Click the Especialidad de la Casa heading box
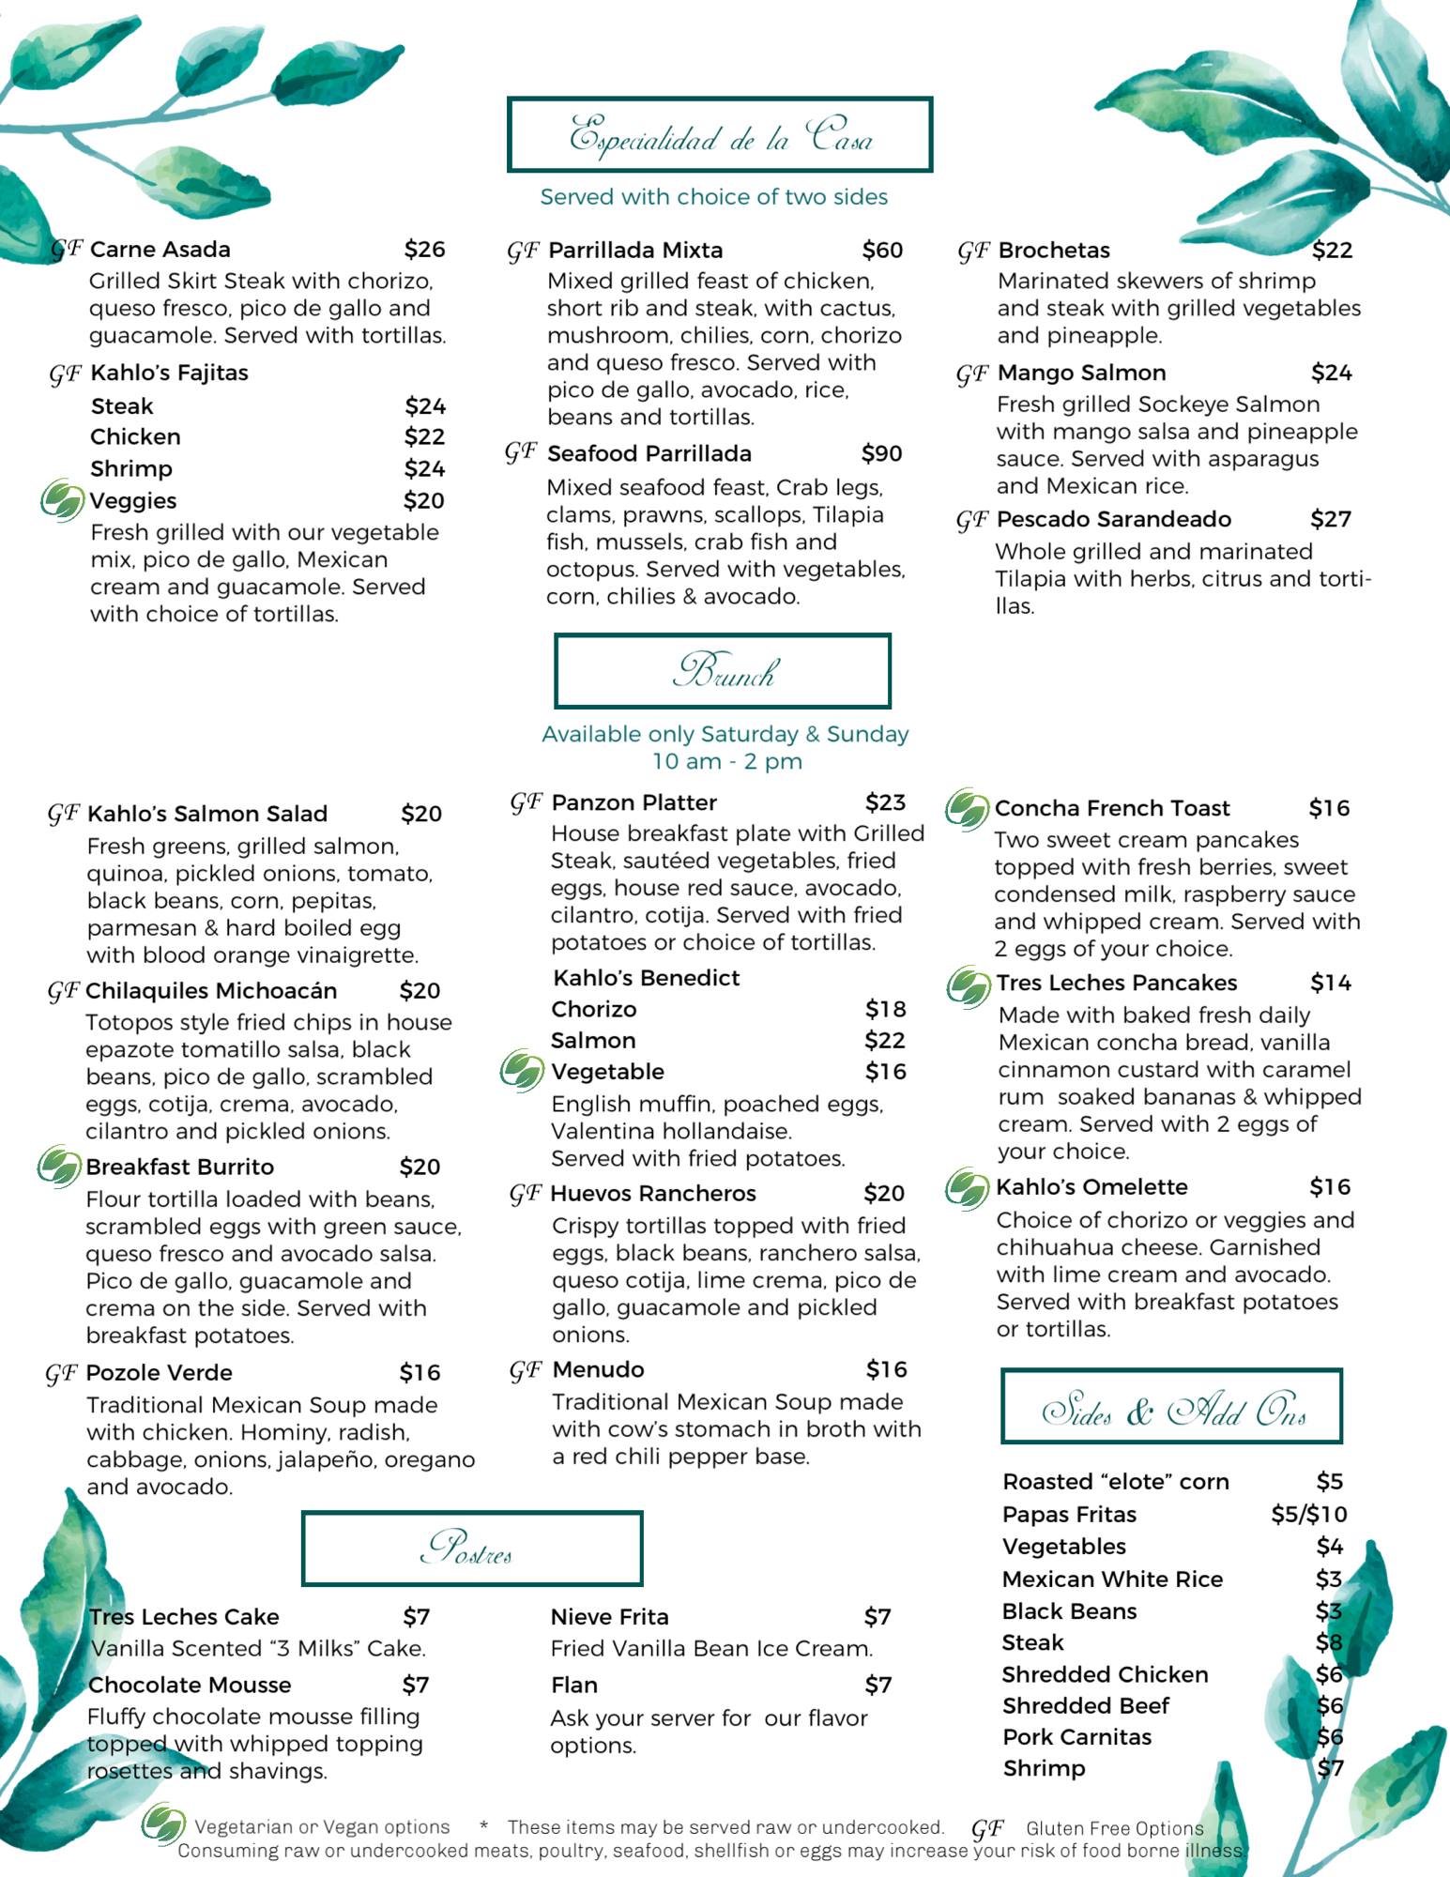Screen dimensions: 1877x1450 tap(719, 134)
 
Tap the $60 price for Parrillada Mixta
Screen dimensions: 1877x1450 tap(882, 251)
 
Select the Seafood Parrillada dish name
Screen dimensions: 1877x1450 tap(649, 454)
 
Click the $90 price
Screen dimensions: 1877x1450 tap(881, 454)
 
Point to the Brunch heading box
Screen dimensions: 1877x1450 tap(722, 671)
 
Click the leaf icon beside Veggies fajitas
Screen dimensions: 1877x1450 tap(62, 499)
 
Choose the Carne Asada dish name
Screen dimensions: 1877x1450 tap(160, 250)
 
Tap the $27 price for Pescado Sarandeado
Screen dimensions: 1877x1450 tap(1331, 520)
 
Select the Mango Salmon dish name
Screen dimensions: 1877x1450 tap(1081, 374)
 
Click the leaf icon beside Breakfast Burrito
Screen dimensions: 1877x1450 tap(58, 1167)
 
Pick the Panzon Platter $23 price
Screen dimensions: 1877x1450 tap(885, 802)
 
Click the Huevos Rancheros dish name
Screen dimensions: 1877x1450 tap(653, 1194)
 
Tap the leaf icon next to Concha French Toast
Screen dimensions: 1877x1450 tap(967, 808)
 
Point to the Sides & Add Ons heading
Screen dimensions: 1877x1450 tap(1171, 1406)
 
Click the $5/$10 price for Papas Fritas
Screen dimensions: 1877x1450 tap(1308, 1514)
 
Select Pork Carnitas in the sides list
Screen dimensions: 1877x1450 tap(1076, 1737)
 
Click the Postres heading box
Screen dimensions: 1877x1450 tap(471, 1548)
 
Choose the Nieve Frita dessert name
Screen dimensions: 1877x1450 tap(609, 1617)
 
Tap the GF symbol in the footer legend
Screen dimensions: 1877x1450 tap(986, 1828)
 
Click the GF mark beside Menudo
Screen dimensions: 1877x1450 tap(526, 1371)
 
